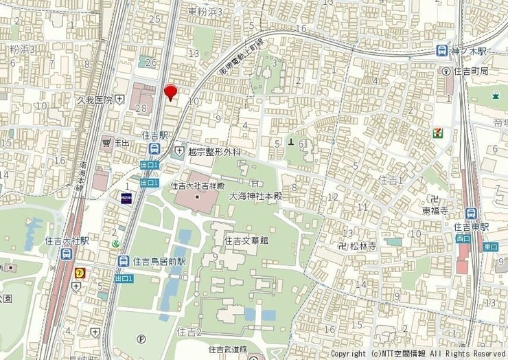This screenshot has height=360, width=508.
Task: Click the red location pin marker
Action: pos(171,91)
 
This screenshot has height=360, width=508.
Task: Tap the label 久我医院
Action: pos(94,100)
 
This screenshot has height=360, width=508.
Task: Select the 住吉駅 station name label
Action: pos(155,136)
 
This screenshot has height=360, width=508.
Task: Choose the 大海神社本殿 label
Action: pos(255,196)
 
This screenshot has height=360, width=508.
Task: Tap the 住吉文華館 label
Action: pos(246,240)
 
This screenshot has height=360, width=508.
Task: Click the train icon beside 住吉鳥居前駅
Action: pos(123,261)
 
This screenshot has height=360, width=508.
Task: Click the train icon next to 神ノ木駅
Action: pos(442,51)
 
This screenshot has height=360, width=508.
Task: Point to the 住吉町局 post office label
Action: pos(474,71)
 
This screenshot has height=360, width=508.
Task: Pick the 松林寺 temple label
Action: pos(363,245)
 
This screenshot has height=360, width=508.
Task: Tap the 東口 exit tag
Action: pos(490,246)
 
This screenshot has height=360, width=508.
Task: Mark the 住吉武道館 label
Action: pos(229,348)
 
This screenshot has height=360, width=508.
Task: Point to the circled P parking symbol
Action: pos(141,338)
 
